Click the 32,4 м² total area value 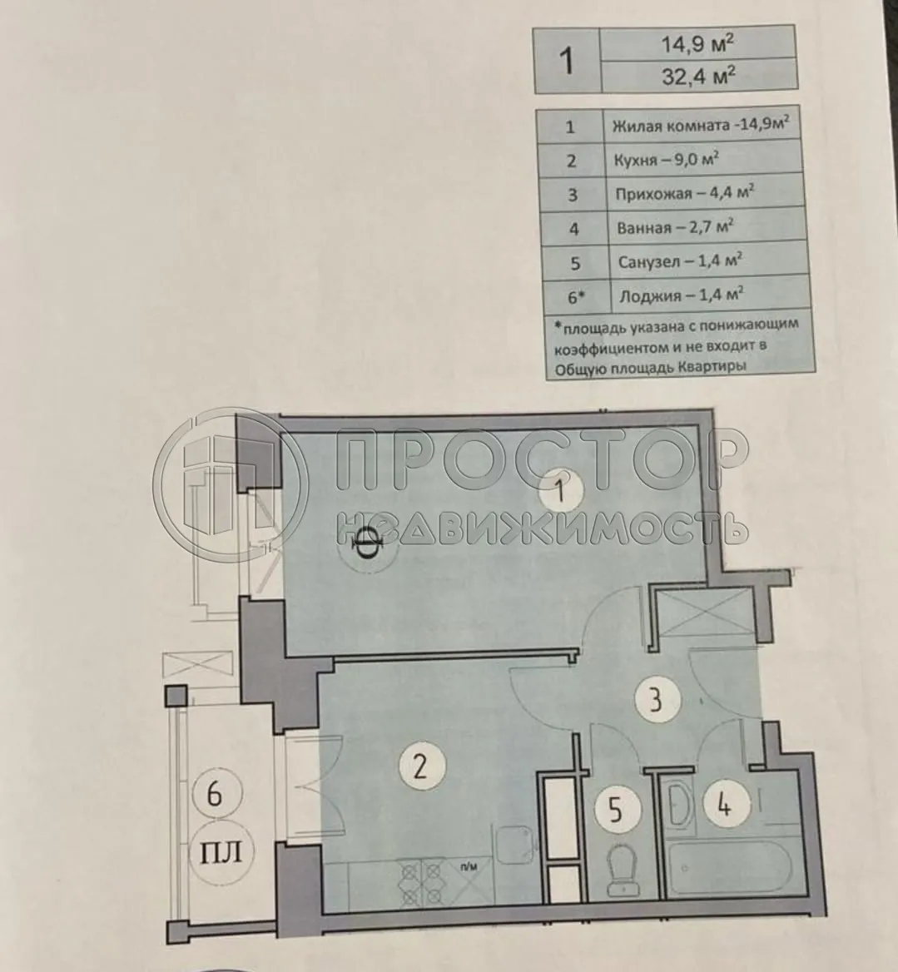[697, 77]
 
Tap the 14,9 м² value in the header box [697, 45]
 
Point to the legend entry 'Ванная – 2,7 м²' [675, 227]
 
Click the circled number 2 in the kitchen [419, 765]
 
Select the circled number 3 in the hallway [656, 700]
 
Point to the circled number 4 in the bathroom [725, 805]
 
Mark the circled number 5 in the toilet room [615, 809]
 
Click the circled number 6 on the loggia [214, 796]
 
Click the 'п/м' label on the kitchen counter [472, 866]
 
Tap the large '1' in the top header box [568, 61]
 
